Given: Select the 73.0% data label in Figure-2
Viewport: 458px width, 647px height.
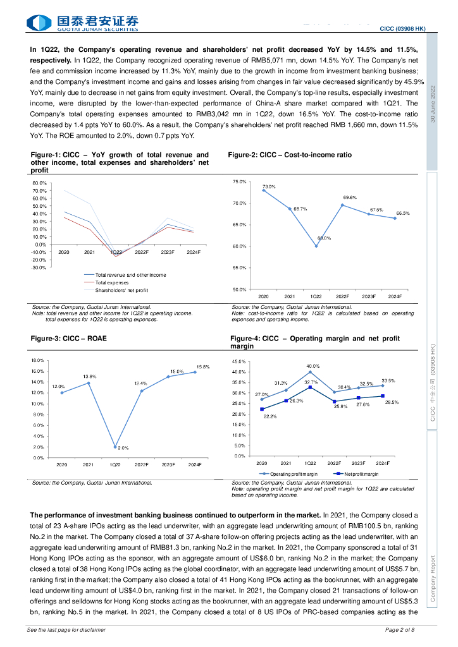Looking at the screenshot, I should point(268,186).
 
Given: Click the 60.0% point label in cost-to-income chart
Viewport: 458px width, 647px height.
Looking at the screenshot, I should point(324,238).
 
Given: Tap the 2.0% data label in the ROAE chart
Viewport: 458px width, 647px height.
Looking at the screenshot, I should point(123,447).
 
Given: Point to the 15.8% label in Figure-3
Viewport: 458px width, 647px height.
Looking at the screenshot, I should point(203,367).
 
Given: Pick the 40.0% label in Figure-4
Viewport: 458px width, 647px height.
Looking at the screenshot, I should point(313,366).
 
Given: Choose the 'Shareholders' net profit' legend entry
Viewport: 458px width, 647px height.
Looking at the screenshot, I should point(121,290).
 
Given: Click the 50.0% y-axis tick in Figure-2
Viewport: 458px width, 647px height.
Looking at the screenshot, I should point(239,289).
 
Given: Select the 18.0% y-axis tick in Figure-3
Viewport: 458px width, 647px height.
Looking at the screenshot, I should point(37,360).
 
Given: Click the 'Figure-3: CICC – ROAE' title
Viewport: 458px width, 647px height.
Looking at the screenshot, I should point(68,339).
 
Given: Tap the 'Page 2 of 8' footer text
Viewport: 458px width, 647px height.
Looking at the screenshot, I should point(400,630).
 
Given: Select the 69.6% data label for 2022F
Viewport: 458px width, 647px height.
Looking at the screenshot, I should point(350,198).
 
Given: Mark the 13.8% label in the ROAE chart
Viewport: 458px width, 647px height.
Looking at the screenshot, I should point(89,376).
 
